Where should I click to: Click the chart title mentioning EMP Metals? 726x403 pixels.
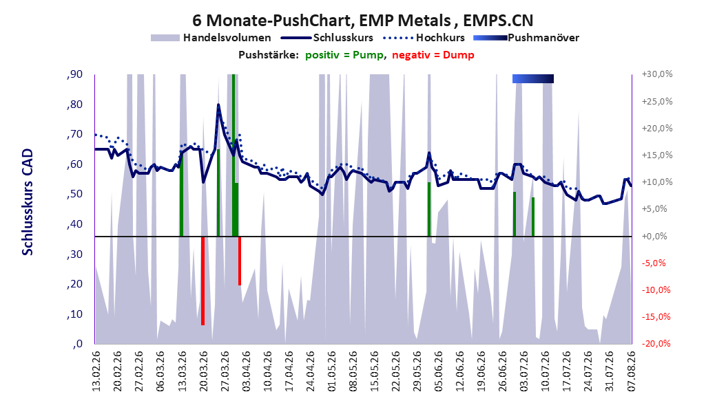coord(362,20)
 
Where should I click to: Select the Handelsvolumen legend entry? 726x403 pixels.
coord(211,38)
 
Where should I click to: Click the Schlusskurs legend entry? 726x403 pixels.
coord(327,38)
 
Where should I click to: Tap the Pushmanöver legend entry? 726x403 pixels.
coord(526,38)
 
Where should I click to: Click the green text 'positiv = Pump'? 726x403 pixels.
coord(344,55)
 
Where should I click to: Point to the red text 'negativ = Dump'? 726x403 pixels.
coord(433,55)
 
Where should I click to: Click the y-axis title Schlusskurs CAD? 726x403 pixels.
coord(28,202)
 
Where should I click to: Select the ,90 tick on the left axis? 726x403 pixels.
coord(74,74)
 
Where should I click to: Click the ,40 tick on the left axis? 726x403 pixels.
coord(74,224)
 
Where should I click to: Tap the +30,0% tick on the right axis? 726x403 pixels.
coord(657,74)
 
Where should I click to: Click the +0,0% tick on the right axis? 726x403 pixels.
coord(654,236)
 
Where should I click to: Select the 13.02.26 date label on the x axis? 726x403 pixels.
coord(96,371)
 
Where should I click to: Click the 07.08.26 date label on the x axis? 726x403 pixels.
coord(632,371)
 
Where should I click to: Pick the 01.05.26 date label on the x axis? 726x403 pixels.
coord(331,371)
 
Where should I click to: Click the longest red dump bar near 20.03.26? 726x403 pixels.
coord(203,281)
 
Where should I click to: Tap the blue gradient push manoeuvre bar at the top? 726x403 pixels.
coord(533,78)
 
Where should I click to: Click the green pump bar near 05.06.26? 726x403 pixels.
coord(429,209)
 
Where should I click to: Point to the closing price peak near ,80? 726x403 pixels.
coord(218,105)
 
